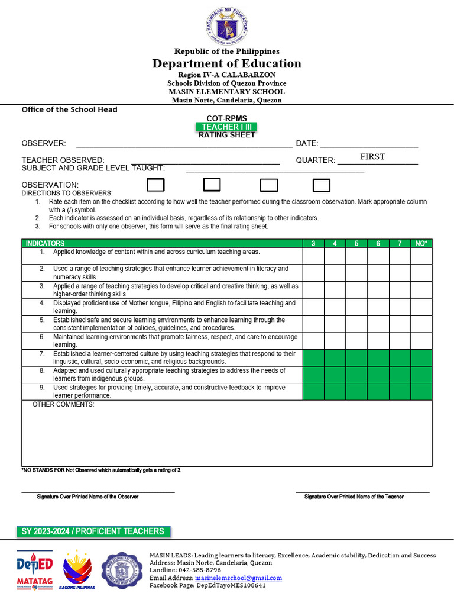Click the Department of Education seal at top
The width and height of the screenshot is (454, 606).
point(227,26)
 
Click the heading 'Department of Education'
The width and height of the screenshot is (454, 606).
point(227,63)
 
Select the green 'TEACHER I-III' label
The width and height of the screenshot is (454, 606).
point(226,127)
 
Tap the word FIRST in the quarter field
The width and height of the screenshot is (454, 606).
point(372,157)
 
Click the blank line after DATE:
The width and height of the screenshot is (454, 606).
point(369,143)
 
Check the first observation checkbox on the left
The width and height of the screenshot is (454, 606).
point(155,185)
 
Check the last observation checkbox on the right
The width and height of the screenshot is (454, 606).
point(322,185)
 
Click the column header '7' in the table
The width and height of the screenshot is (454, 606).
point(400,243)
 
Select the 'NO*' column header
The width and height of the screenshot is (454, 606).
point(421,243)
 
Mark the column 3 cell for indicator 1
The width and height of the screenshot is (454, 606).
point(313,256)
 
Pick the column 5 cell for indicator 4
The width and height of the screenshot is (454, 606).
point(356,307)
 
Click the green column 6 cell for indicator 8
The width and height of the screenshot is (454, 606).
point(378,375)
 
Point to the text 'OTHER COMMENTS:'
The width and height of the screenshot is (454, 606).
point(63,404)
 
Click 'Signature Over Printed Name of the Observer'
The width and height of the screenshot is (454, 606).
point(87,497)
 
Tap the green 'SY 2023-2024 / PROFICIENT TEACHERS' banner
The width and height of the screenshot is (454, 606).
point(93,531)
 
